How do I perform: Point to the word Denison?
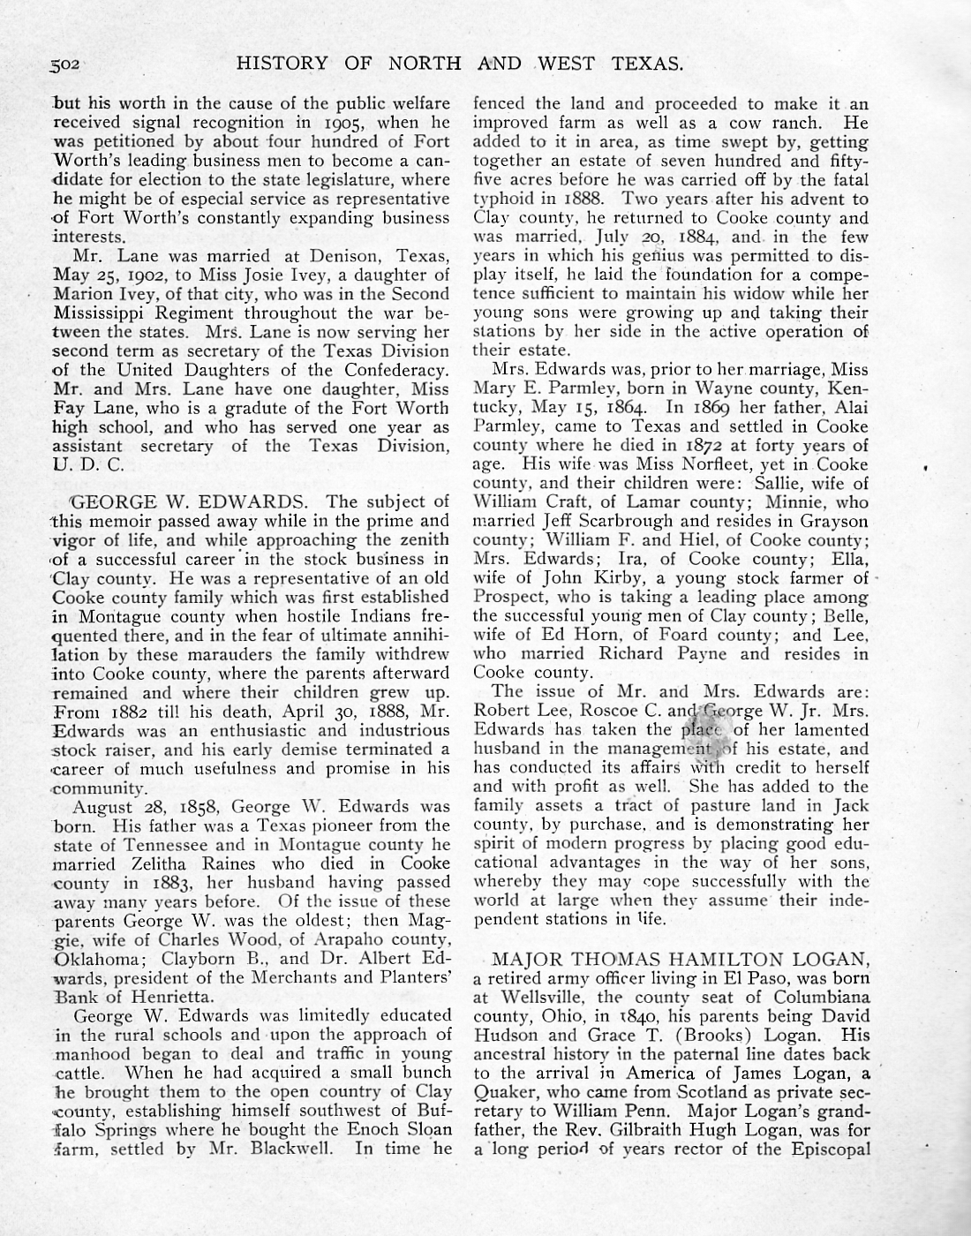337,255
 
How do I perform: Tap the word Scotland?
707,1091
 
